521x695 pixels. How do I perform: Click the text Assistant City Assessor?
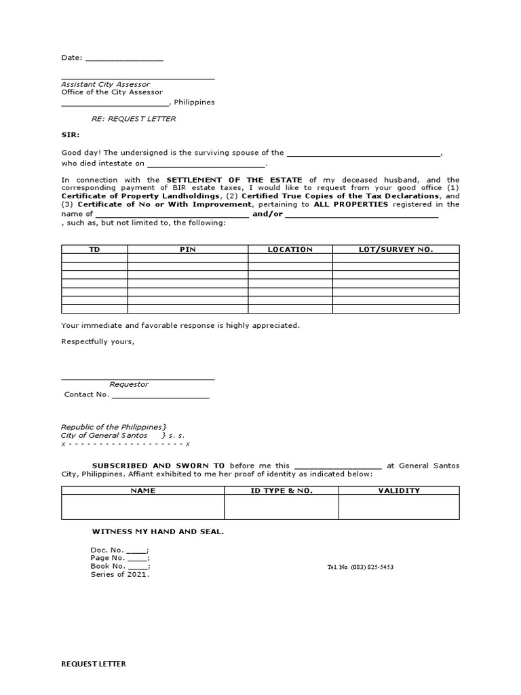tap(105, 84)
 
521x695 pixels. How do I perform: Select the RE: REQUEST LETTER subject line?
tap(134, 119)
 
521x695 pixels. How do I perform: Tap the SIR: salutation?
tap(71, 135)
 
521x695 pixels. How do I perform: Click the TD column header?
tap(94, 250)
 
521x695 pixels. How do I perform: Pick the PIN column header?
tap(187, 250)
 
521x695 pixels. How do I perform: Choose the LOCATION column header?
tap(290, 250)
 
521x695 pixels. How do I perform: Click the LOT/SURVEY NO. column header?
tap(395, 250)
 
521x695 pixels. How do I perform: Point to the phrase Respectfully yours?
tap(98, 341)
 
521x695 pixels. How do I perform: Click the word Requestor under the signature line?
tap(129, 384)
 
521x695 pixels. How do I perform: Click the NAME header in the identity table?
tap(143, 490)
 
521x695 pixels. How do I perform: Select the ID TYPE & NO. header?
tap(282, 490)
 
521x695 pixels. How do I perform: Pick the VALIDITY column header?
tap(399, 490)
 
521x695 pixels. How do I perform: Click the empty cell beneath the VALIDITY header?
tap(399, 507)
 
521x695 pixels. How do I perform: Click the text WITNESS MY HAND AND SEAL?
tap(157, 531)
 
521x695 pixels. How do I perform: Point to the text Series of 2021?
tap(119, 574)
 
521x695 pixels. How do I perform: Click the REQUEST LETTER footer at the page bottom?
tap(94, 664)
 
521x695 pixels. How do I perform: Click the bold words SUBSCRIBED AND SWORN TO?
tap(158, 466)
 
